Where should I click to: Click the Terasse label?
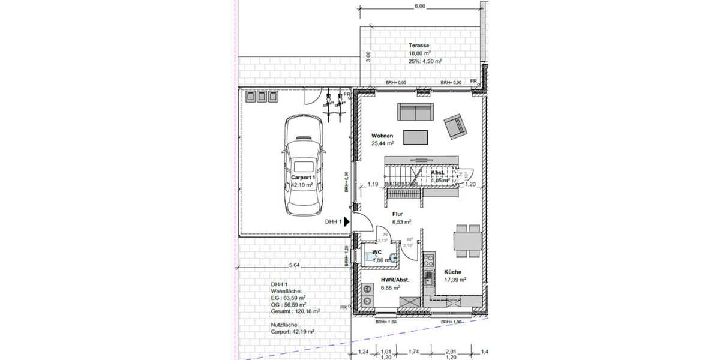coord(419,46)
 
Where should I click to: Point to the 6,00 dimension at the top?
coord(419,6)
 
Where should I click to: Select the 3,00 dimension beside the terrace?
coord(369,56)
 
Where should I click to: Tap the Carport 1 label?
coord(304,178)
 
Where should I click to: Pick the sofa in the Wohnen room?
coord(415,112)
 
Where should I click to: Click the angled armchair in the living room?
coord(456,125)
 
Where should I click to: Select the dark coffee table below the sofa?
coord(415,137)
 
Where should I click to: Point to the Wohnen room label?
coord(382,136)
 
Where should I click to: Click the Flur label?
coord(397,214)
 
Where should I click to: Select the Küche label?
coord(453,272)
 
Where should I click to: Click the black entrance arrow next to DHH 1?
coord(347,222)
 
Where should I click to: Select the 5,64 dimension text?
coord(294,265)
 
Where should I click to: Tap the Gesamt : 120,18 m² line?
coord(295,311)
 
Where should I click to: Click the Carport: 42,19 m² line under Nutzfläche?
coord(293,331)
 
